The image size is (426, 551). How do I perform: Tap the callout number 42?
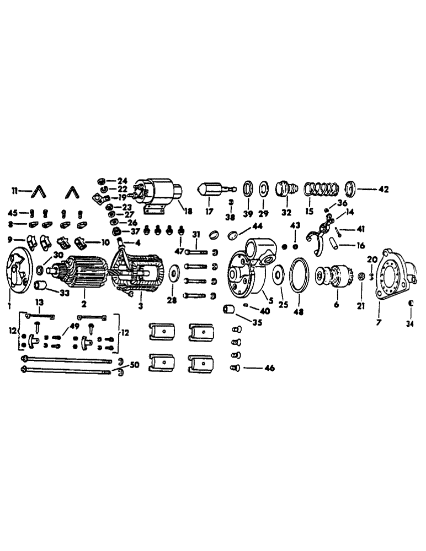click(x=384, y=189)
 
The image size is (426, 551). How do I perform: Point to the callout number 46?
click(x=269, y=368)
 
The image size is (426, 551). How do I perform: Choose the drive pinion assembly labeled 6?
click(x=335, y=275)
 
